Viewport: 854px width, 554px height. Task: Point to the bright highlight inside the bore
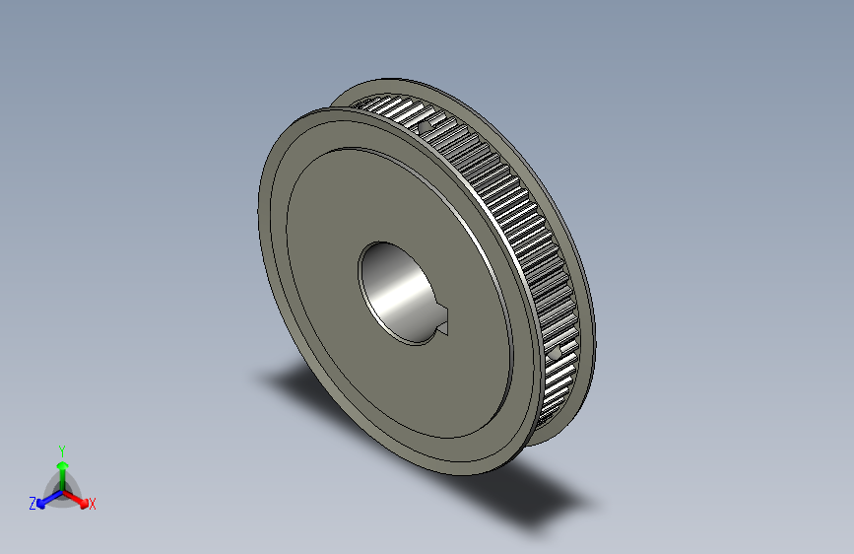[402, 292]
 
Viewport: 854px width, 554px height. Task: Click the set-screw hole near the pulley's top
[425, 126]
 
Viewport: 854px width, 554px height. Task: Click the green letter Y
[61, 449]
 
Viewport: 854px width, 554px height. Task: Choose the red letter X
[93, 505]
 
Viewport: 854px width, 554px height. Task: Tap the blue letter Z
[33, 503]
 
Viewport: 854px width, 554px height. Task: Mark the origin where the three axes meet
[62, 490]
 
